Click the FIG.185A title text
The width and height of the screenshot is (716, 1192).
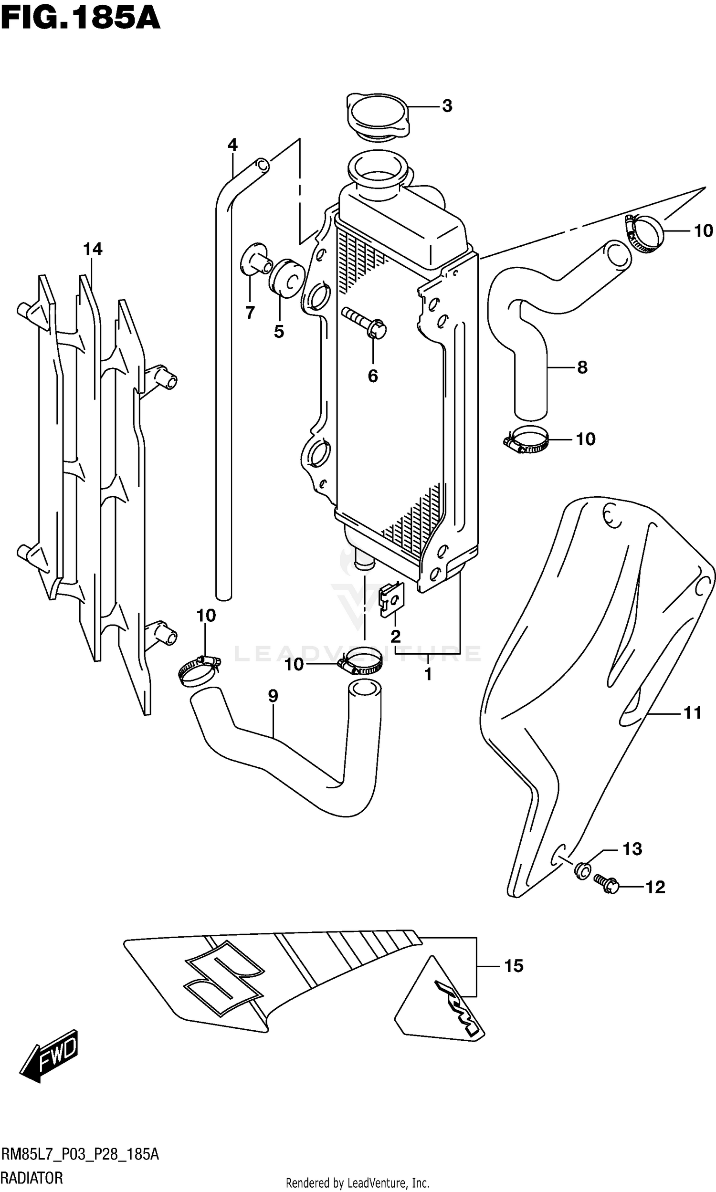click(x=80, y=19)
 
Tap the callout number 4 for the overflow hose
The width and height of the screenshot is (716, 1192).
click(x=232, y=145)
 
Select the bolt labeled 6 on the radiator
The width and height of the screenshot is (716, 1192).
click(x=365, y=323)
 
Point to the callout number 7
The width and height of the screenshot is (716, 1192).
click(x=250, y=313)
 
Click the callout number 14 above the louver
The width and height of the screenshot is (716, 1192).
click(x=93, y=249)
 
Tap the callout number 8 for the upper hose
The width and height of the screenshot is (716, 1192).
click(x=582, y=367)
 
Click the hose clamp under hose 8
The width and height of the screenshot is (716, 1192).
click(x=526, y=440)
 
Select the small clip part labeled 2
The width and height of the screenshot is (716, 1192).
click(x=392, y=599)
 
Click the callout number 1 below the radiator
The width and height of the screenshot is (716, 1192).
click(x=428, y=674)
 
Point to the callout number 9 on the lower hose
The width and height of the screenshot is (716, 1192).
click(x=273, y=696)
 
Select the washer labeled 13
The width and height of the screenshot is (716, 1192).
click(x=582, y=870)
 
